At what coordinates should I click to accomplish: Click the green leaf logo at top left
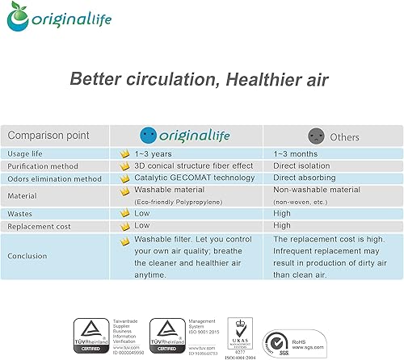point(20,18)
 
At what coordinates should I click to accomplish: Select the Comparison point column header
point(48,136)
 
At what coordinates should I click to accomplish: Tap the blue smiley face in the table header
point(147,136)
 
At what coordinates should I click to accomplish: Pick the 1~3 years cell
point(152,153)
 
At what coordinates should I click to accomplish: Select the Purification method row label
point(44,165)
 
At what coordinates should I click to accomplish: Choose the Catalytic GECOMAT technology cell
point(187,178)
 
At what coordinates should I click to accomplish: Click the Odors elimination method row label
point(54,178)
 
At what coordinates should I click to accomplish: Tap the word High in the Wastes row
point(282,213)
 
